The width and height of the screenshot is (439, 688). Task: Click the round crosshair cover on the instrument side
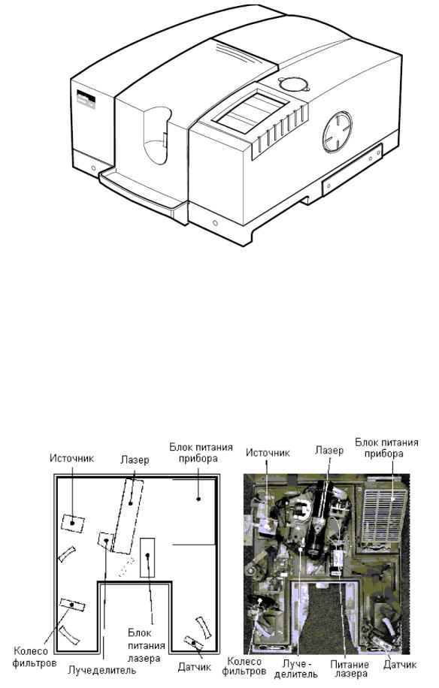coord(338,131)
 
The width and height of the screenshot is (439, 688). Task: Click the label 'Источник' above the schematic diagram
coord(71,458)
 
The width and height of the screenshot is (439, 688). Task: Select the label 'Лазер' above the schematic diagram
coord(135,460)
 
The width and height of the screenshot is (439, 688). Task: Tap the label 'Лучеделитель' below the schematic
coord(101,670)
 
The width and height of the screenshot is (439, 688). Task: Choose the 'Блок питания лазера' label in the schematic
coord(147,645)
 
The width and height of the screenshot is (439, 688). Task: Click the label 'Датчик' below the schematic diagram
coord(195,668)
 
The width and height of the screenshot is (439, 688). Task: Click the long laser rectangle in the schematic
coord(128,516)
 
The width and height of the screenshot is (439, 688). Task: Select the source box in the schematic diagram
coord(73,524)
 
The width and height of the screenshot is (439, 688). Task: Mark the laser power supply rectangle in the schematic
coord(147,557)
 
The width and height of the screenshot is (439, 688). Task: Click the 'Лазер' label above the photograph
coord(329,450)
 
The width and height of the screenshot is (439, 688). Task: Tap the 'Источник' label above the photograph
coord(268,452)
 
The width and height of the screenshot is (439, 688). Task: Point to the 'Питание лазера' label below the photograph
coord(350,668)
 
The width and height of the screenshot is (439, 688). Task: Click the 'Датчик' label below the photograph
coord(400,664)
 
